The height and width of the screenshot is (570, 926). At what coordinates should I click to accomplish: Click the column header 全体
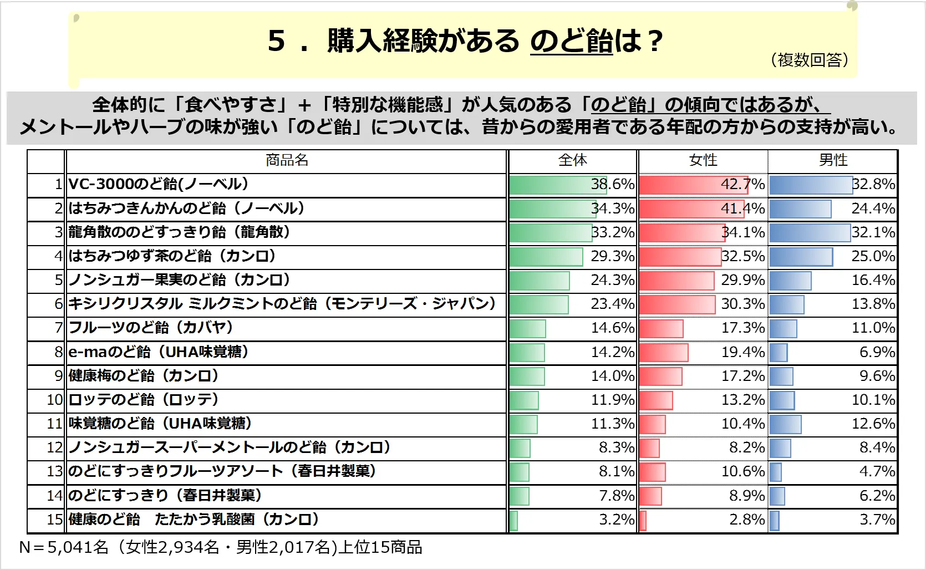pyautogui.click(x=572, y=160)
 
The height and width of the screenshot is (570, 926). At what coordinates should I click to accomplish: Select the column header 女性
pyautogui.click(x=703, y=160)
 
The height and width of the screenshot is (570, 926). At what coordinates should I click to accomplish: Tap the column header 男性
pyautogui.click(x=833, y=160)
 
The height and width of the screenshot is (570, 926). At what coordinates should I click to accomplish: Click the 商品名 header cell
pyautogui.click(x=287, y=160)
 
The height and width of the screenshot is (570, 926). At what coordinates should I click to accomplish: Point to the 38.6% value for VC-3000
pyautogui.click(x=613, y=184)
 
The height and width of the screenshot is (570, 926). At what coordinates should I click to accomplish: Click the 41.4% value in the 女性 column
pyautogui.click(x=743, y=208)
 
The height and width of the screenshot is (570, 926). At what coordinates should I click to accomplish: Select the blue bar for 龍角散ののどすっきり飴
pyautogui.click(x=810, y=233)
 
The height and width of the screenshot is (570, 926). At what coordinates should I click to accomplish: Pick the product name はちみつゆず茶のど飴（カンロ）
pyautogui.click(x=172, y=256)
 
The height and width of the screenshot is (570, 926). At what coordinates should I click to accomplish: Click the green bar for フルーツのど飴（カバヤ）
pyautogui.click(x=528, y=329)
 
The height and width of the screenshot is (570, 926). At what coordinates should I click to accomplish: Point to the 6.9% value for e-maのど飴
pyautogui.click(x=877, y=352)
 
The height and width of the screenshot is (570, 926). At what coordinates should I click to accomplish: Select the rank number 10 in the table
pyautogui.click(x=55, y=400)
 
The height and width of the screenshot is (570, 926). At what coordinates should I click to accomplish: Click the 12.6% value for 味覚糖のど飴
pyautogui.click(x=873, y=424)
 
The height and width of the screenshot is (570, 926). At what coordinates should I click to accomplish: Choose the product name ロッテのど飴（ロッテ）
pyautogui.click(x=144, y=400)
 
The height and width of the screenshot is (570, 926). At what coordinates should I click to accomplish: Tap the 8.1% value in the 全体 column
pyautogui.click(x=617, y=471)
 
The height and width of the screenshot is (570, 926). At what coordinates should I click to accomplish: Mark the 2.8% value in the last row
pyautogui.click(x=747, y=520)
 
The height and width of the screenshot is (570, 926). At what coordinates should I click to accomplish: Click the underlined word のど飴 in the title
pyautogui.click(x=571, y=41)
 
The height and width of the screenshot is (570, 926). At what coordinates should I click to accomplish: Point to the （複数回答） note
pyautogui.click(x=810, y=60)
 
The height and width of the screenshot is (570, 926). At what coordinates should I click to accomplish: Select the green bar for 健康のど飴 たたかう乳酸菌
pyautogui.click(x=513, y=521)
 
